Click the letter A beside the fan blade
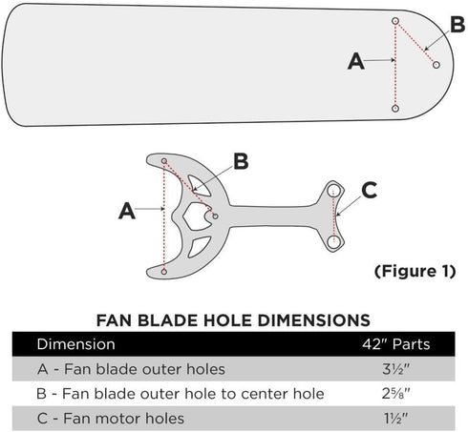tap(356, 62)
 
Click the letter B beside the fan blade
tap(457, 22)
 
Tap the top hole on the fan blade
tap(395, 20)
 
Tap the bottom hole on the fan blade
tap(395, 110)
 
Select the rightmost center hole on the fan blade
tap(436, 65)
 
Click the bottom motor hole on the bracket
tap(333, 242)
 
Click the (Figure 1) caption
tap(412, 271)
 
